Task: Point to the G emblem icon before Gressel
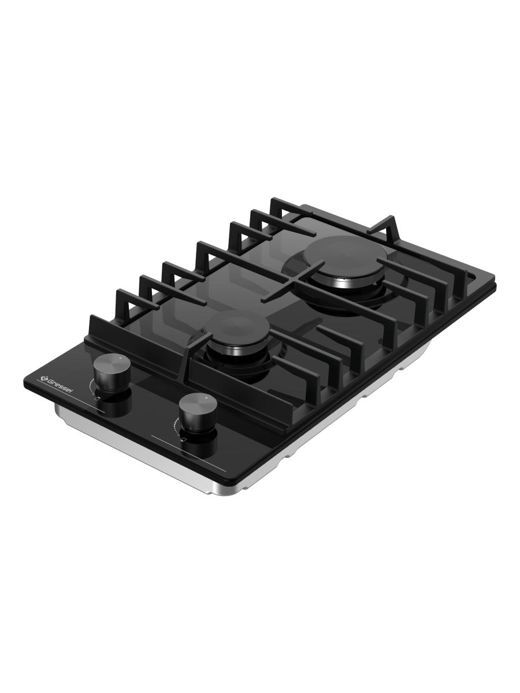tap(44, 377)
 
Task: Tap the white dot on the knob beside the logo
tap(121, 359)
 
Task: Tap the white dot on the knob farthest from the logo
tap(206, 397)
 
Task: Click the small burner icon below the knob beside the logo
tap(99, 398)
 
